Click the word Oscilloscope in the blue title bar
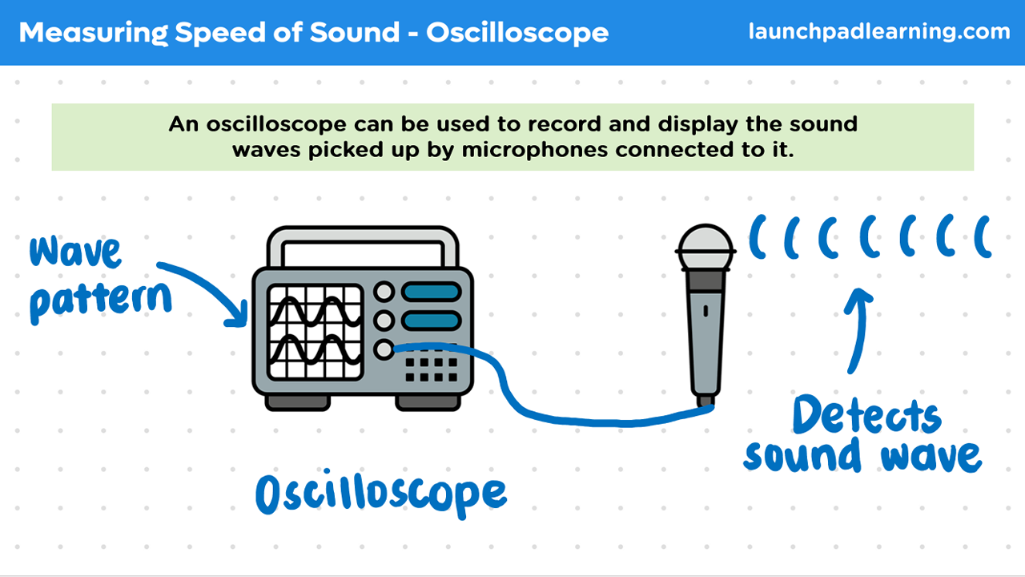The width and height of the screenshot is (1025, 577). point(517,33)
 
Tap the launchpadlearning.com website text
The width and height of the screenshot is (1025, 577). point(879,31)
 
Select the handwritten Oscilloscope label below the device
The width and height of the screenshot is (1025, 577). point(380,494)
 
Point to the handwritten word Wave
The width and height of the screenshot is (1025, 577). point(75,251)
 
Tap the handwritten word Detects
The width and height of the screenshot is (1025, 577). point(867,414)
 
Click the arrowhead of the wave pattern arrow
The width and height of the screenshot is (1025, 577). point(238,316)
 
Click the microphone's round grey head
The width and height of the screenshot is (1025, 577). point(705,248)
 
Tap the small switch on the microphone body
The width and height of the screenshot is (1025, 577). point(705,311)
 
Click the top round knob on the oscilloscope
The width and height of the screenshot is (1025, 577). point(384,292)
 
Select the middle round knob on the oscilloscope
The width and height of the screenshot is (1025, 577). point(384,320)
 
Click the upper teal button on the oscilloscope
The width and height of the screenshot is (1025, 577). point(431,293)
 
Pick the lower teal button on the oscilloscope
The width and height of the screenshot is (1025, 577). point(431,321)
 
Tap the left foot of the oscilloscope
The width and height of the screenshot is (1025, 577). point(297,402)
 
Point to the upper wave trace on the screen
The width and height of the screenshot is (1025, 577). point(315,312)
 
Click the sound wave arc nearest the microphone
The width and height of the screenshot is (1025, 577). point(757,236)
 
